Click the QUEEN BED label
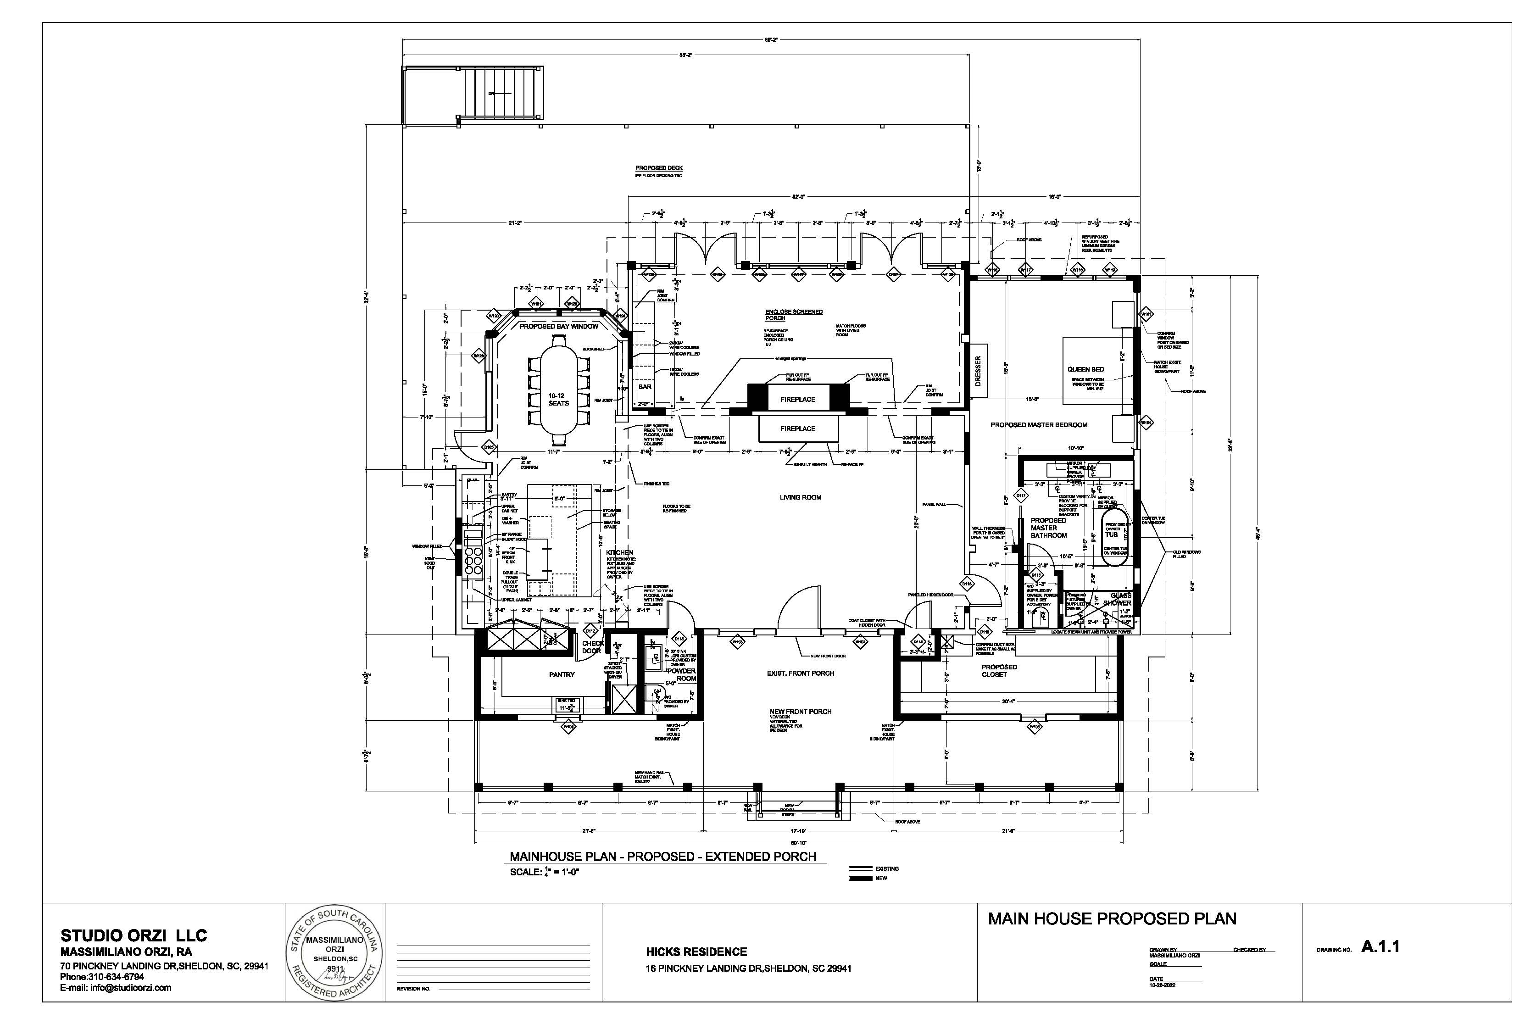pyautogui.click(x=1086, y=370)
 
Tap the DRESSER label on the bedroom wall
pyautogui.click(x=978, y=371)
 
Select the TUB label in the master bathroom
pyautogui.click(x=1112, y=534)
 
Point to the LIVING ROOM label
pyautogui.click(x=800, y=498)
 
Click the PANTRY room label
pyautogui.click(x=562, y=674)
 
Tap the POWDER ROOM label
pyautogui.click(x=681, y=674)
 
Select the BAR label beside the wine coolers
pyautogui.click(x=645, y=387)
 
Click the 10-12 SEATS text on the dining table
pyautogui.click(x=558, y=400)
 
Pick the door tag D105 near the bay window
pyautogui.click(x=489, y=448)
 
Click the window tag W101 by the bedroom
pyautogui.click(x=1146, y=315)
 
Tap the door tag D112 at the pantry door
pyautogui.click(x=590, y=631)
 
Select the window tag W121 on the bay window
pyautogui.click(x=536, y=304)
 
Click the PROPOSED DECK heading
pyautogui.click(x=659, y=168)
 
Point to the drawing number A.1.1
pyautogui.click(x=1380, y=947)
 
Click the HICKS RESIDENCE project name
pyautogui.click(x=696, y=952)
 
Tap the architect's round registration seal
pyautogui.click(x=335, y=953)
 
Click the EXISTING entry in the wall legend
pyautogui.click(x=886, y=868)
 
